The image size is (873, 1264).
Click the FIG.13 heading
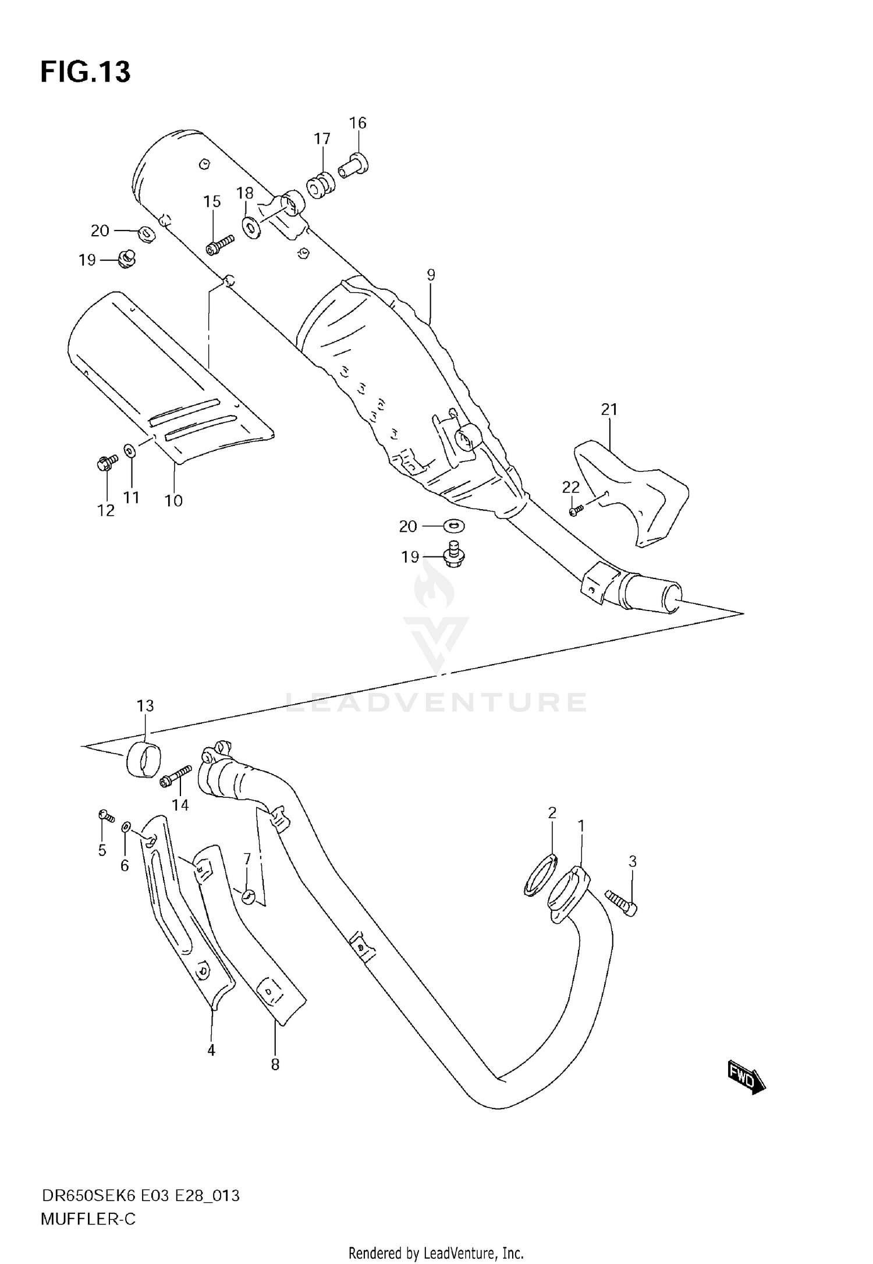tap(86, 72)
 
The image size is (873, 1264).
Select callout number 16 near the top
tap(358, 123)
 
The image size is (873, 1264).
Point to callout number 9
tap(431, 275)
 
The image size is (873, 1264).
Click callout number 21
tap(609, 410)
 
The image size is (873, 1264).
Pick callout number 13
tap(145, 706)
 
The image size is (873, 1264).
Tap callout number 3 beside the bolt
tap(633, 861)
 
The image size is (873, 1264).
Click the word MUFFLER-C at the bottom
tap(88, 1219)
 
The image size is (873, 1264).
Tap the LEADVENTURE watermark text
tap(436, 702)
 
